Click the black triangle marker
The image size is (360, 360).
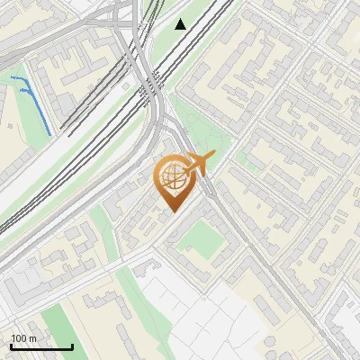[x=181, y=24]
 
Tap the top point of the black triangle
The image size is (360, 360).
[x=181, y=19]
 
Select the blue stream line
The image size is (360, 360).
[x=35, y=103]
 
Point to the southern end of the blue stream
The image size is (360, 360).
[x=49, y=134]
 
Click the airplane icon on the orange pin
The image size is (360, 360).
[x=196, y=164]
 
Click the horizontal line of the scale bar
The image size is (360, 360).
[x=41, y=347]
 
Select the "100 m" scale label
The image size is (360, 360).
[x=23, y=338]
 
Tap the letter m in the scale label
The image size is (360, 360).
[x=33, y=338]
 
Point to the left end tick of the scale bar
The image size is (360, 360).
[x=11, y=346]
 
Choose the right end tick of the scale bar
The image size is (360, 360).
[x=72, y=346]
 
